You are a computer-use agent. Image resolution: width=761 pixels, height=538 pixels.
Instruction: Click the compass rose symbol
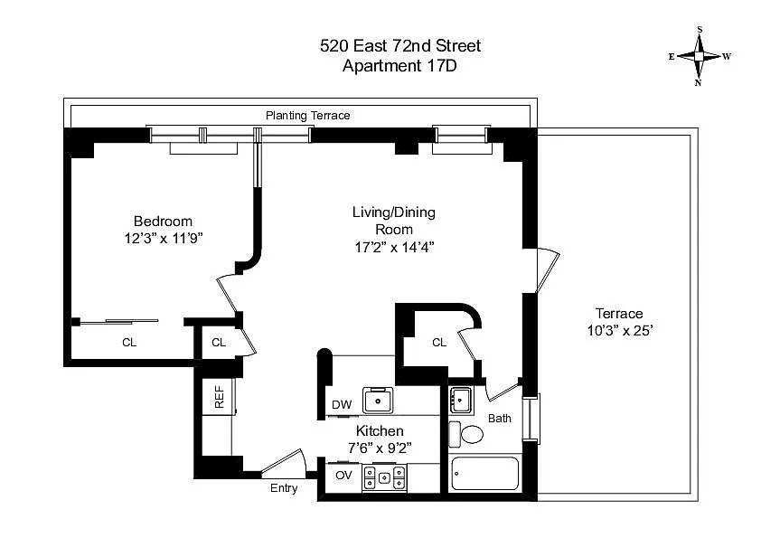tap(699, 56)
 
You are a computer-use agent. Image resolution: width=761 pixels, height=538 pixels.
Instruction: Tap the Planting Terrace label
tap(307, 116)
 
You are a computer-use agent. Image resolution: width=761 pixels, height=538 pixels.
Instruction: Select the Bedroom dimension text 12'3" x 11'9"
tap(163, 239)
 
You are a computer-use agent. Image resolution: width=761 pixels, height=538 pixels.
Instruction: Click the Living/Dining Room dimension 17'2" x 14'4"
tap(394, 247)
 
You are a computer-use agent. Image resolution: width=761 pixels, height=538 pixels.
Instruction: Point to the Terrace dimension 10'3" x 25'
tap(620, 331)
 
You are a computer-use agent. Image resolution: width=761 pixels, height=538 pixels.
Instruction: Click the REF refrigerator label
tap(220, 397)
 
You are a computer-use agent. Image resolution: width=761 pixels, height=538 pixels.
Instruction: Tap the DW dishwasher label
tap(342, 404)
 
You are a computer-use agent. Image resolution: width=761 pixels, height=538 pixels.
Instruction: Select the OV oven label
tap(343, 475)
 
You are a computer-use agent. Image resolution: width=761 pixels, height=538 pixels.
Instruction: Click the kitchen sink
tap(378, 401)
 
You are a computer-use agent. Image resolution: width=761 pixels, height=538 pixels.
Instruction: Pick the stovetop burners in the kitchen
tap(384, 477)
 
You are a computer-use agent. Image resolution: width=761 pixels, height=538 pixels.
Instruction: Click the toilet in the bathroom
tap(466, 434)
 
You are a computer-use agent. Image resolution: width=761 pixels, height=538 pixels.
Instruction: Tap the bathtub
tap(484, 474)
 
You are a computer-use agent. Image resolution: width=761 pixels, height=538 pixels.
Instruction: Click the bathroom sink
tap(461, 400)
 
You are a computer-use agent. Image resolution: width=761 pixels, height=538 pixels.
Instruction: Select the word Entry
tap(284, 488)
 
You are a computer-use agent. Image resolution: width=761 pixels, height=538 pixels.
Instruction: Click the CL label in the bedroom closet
tap(129, 343)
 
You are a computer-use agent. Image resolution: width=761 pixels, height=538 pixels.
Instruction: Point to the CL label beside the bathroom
tap(439, 343)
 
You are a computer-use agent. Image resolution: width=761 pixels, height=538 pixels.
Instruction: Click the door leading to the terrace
tap(548, 270)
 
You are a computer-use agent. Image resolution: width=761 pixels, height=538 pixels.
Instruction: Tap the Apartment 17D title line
tap(399, 65)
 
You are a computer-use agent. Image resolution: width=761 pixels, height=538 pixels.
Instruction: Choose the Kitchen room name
tap(380, 430)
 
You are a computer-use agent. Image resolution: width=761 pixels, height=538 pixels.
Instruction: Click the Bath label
tap(500, 418)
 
